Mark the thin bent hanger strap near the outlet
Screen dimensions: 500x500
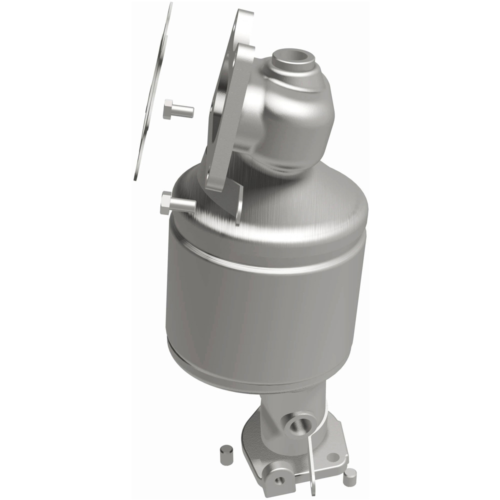(x=312, y=450)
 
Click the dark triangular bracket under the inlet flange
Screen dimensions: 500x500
(x=231, y=200)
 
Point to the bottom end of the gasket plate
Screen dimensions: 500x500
(x=136, y=176)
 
